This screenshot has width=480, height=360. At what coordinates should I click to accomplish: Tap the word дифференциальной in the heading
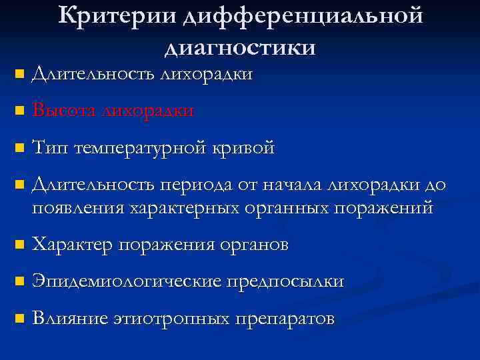[x=301, y=17]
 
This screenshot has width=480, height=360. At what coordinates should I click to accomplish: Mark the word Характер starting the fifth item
[x=73, y=245]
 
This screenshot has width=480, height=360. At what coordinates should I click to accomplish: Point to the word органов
[x=252, y=245]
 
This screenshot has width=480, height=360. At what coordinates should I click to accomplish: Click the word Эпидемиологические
[x=126, y=281]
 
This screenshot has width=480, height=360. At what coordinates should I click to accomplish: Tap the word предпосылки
[x=286, y=281]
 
